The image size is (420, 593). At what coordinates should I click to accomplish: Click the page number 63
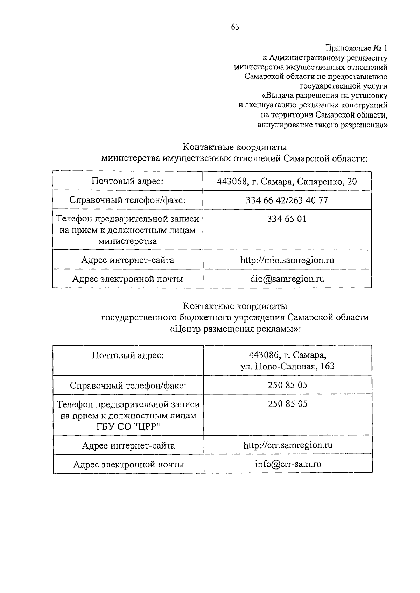point(235,27)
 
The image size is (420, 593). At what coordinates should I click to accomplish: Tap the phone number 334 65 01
point(287,219)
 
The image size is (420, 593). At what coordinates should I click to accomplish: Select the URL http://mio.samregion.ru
point(287,260)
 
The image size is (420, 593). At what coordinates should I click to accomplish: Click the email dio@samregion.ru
point(287,279)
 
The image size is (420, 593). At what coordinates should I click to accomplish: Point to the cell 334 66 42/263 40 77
point(287,200)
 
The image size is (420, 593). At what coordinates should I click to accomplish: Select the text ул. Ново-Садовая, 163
point(287,366)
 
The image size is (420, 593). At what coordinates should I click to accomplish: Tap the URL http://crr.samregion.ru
point(288,445)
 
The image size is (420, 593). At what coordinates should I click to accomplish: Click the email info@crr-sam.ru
point(288,464)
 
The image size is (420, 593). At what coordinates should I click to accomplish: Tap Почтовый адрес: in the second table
point(128,355)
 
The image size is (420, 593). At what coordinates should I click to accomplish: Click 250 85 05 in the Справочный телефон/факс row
point(288,385)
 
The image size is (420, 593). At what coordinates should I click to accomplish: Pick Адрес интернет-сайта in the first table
point(127,260)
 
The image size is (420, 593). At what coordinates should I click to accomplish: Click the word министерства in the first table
point(127,241)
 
